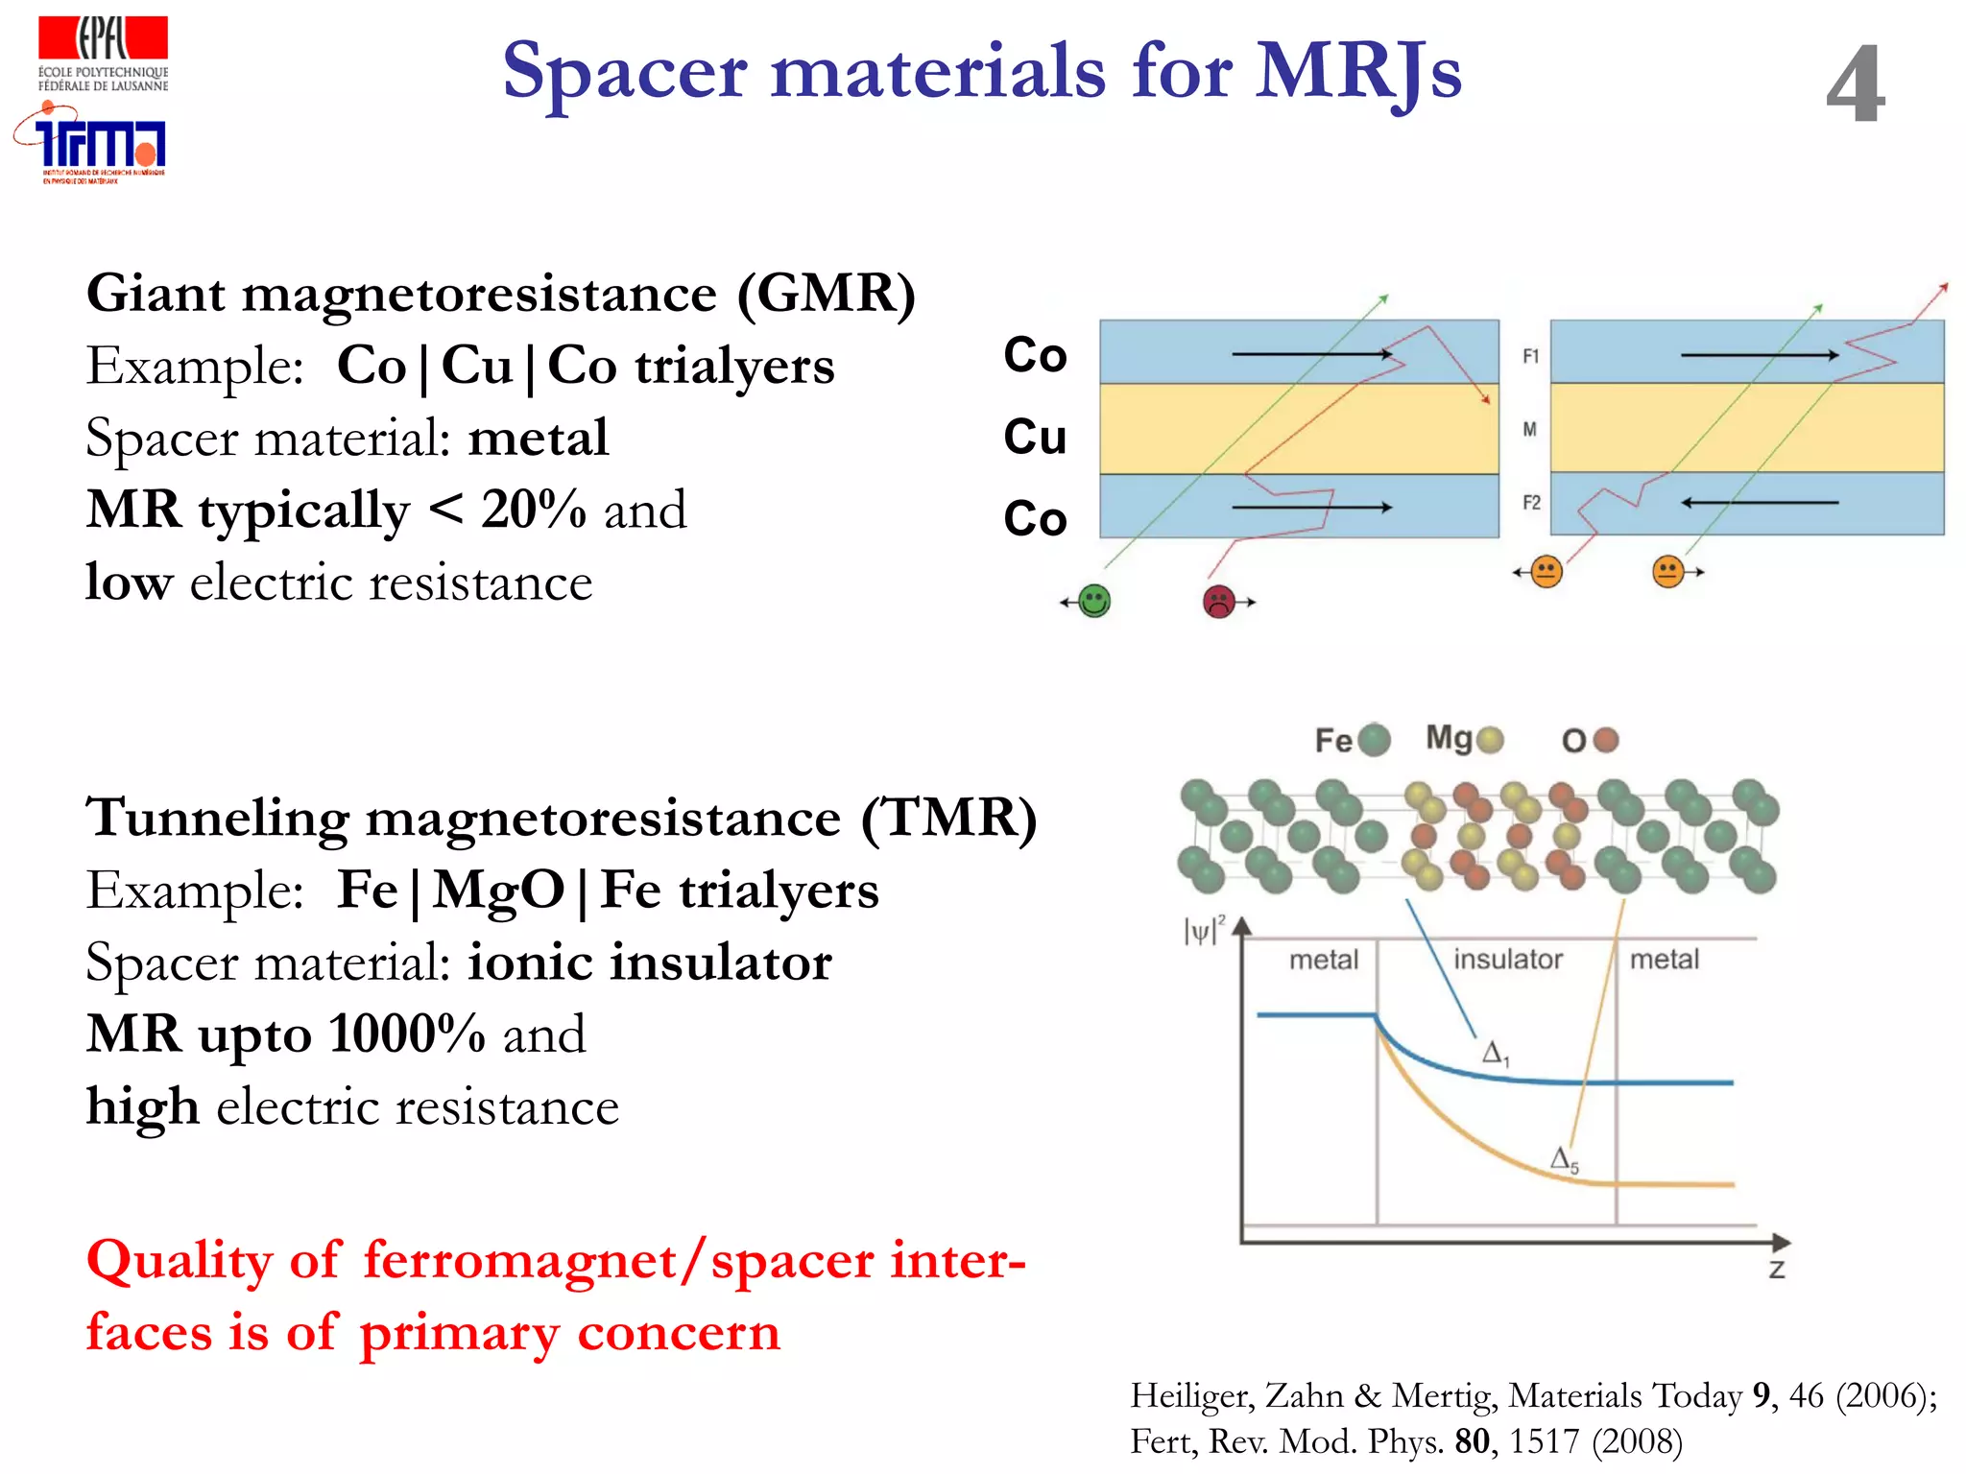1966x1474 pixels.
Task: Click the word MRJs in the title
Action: pos(1358,71)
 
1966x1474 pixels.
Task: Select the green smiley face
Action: pos(1094,602)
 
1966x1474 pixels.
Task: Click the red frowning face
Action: pos(1218,602)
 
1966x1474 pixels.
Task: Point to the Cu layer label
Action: pos(1035,437)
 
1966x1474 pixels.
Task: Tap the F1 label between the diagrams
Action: pos(1530,356)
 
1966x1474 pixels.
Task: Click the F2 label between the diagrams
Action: pos(1531,502)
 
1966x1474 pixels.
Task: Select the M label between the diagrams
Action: pos(1530,429)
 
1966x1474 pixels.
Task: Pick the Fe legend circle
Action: pos(1375,740)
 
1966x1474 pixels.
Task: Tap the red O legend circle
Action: pos(1605,740)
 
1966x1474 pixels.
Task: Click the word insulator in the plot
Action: pos(1507,959)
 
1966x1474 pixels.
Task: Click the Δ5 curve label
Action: pos(1564,1159)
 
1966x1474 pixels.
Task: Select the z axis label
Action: pos(1777,1270)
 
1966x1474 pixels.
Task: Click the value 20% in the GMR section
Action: pos(533,509)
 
